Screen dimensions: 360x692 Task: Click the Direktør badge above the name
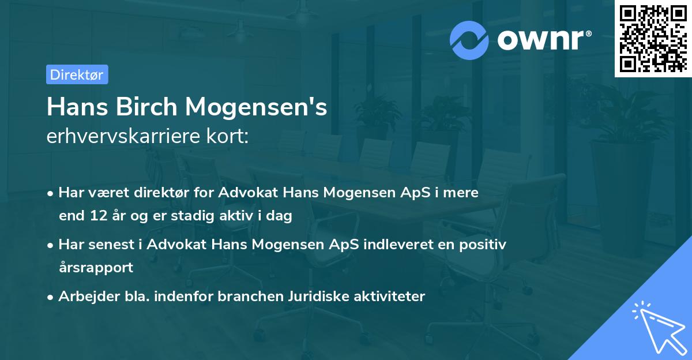77,74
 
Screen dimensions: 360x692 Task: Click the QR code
653,38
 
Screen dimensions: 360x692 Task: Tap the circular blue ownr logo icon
469,40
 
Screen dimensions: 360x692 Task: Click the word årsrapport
96,268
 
